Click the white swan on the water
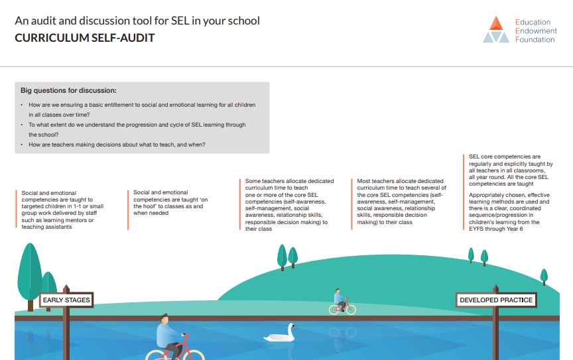[x=281, y=333]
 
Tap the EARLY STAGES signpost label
[x=66, y=300]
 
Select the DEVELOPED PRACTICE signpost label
[x=496, y=300]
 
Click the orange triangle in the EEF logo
[x=496, y=23]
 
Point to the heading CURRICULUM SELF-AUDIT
[x=85, y=38]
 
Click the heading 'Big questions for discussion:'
[x=68, y=90]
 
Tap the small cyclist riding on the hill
[x=342, y=302]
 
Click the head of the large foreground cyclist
[x=164, y=319]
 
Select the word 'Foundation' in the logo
[x=535, y=40]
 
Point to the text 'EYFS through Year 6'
[x=496, y=229]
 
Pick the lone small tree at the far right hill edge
[x=544, y=276]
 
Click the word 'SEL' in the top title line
[x=180, y=21]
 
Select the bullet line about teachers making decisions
[x=117, y=145]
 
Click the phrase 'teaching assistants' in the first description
[x=47, y=227]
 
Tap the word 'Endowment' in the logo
[x=536, y=30]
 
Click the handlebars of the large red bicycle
[x=184, y=335]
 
